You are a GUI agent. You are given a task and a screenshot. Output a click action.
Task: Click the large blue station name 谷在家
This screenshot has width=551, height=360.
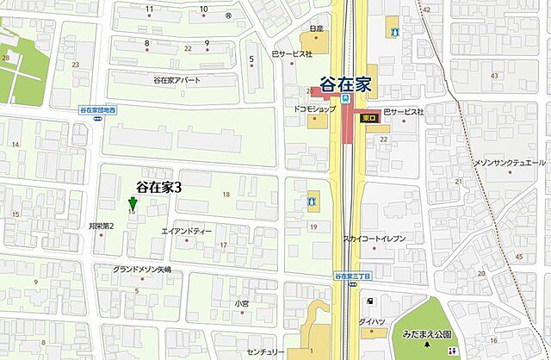(x=347, y=84)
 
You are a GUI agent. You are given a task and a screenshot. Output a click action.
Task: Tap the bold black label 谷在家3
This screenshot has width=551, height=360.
(x=158, y=186)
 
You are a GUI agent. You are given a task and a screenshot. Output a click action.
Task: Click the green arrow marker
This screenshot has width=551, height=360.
(x=132, y=204)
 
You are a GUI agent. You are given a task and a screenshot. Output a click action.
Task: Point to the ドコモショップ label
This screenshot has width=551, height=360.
(x=308, y=112)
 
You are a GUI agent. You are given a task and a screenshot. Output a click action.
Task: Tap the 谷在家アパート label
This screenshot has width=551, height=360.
(x=176, y=80)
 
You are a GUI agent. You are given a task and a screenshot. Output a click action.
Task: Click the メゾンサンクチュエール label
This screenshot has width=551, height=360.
(x=510, y=163)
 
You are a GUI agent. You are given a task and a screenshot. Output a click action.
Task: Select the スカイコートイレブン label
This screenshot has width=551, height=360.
(x=374, y=239)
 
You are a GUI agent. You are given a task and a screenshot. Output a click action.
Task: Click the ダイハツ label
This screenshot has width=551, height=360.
(x=372, y=320)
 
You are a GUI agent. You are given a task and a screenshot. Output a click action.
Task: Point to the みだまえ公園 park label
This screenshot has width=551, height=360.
(x=440, y=338)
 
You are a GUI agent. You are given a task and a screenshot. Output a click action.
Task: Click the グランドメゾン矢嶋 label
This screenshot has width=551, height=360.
(x=142, y=270)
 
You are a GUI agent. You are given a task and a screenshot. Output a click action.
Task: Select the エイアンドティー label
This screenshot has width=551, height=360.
(x=187, y=232)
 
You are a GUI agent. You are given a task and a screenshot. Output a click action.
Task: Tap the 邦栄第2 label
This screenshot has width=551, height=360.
(x=102, y=226)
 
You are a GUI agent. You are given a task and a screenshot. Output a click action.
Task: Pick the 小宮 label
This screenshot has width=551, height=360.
(x=240, y=303)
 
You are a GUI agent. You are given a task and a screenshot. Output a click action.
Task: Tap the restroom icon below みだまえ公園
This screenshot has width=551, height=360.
(x=451, y=351)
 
